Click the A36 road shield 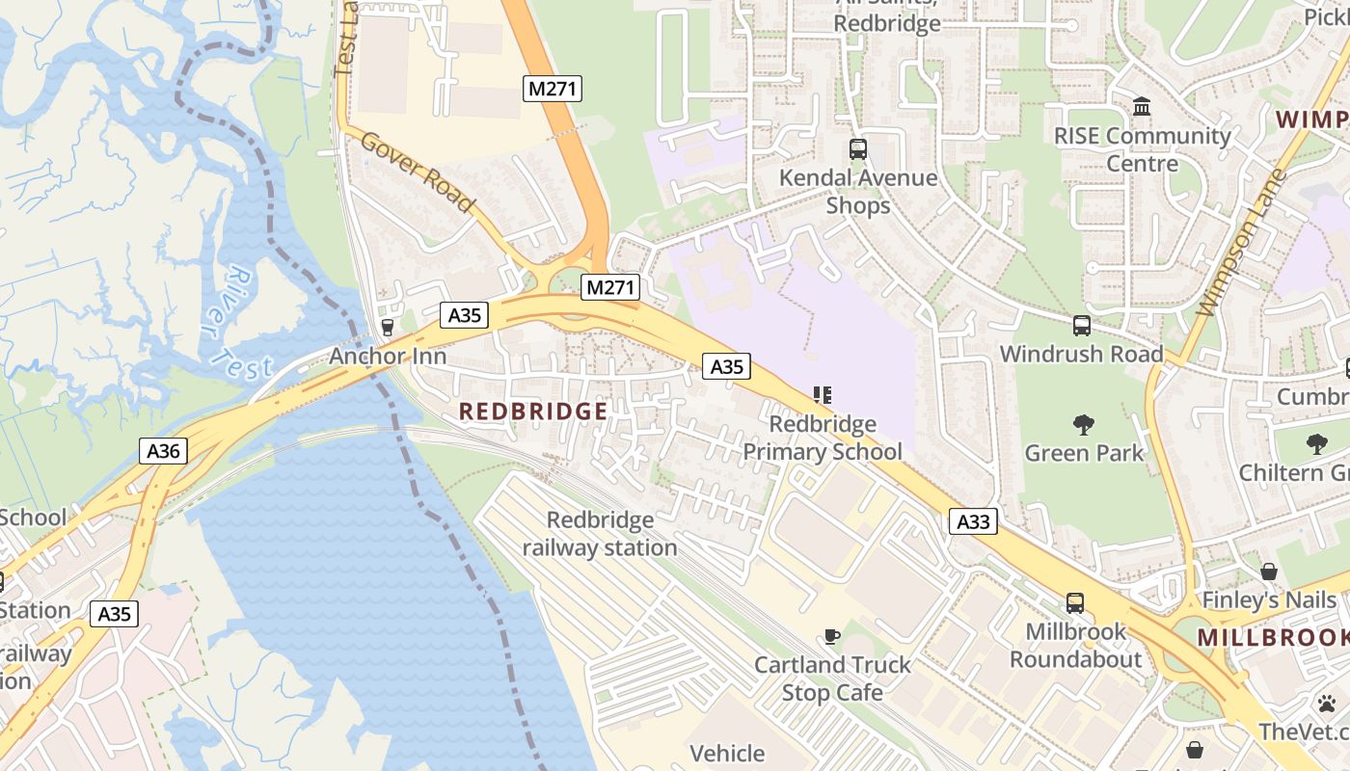point(163,451)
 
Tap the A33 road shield point(973,522)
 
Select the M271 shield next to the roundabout point(611,286)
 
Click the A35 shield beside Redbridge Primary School point(727,366)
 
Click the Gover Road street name point(418,171)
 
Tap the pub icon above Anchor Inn point(388,328)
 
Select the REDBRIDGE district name point(533,412)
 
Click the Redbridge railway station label point(600,534)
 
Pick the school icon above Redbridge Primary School point(822,395)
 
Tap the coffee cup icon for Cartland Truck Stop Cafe point(831,636)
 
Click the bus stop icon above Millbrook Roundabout point(1075,603)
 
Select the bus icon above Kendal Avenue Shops point(857,149)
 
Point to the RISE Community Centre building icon point(1142,106)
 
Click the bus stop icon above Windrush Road point(1081,326)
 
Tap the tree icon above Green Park point(1084,424)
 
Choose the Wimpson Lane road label point(1241,243)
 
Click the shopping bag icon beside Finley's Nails point(1269,572)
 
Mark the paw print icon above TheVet point(1327,704)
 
